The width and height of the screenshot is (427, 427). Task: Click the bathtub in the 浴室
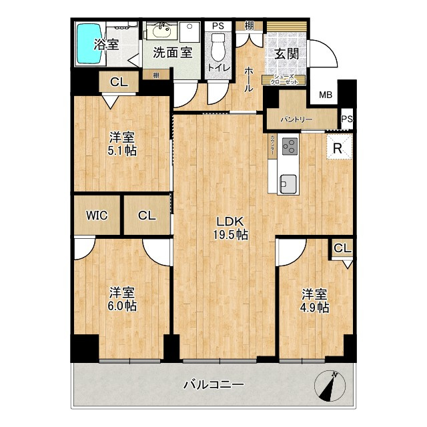[x=88, y=45]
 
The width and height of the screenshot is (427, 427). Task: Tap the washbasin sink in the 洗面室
[x=160, y=31]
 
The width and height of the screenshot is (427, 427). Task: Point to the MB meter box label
[x=325, y=95]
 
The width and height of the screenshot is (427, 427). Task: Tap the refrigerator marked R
[x=338, y=147]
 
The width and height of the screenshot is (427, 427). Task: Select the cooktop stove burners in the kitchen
[x=290, y=147]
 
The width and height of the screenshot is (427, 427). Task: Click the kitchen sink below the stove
[x=288, y=181]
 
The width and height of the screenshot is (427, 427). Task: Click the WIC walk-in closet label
[x=97, y=215]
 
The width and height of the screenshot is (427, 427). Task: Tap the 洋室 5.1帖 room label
[x=122, y=144]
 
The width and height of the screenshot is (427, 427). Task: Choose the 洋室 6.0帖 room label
[x=122, y=299]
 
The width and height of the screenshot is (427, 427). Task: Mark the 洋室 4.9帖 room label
[x=314, y=300]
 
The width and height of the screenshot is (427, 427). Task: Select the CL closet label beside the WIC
[x=147, y=215]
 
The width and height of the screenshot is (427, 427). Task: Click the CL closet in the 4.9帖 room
[x=342, y=249]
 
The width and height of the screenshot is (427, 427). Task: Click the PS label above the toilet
[x=218, y=26]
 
